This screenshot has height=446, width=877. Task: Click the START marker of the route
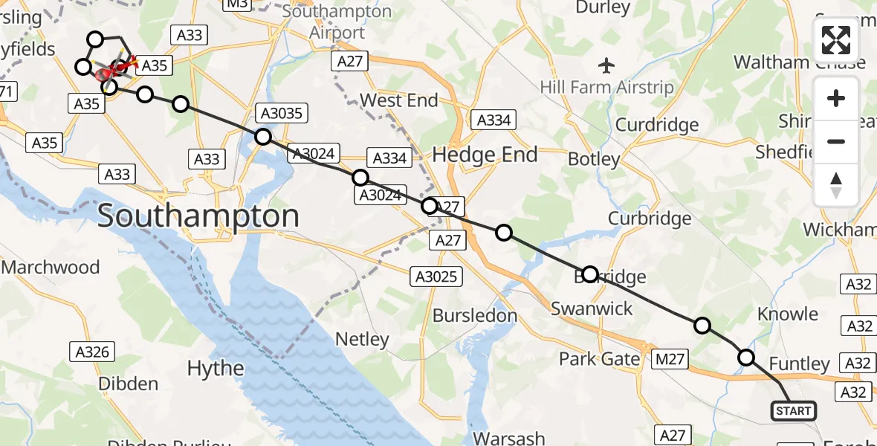(x=793, y=411)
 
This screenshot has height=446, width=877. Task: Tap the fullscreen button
(x=836, y=40)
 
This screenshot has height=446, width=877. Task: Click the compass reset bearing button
(x=836, y=185)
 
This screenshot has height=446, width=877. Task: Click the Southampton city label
(x=198, y=216)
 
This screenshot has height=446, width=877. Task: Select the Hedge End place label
(x=485, y=155)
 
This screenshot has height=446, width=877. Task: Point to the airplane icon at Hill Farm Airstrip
(x=606, y=65)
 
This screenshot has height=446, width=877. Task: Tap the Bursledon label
(x=475, y=315)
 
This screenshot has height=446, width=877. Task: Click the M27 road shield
(x=669, y=361)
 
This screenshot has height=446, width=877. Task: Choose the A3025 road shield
(x=437, y=277)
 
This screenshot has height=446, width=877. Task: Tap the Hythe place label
(x=216, y=368)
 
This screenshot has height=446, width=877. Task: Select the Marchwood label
(x=51, y=266)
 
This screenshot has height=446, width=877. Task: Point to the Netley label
(x=362, y=340)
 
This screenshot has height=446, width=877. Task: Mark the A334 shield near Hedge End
(x=493, y=120)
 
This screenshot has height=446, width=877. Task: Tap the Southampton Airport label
(x=336, y=22)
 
